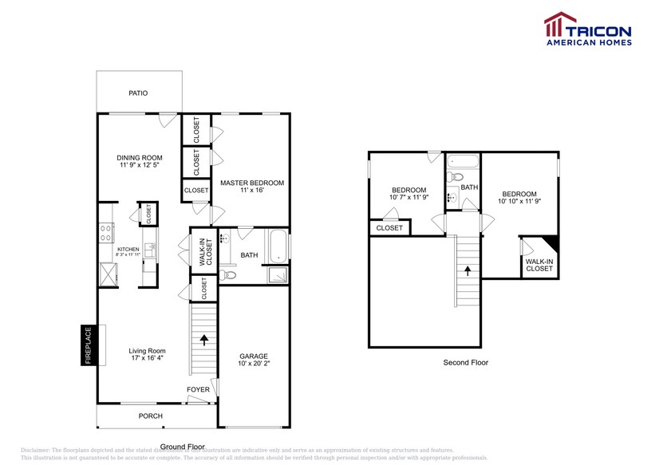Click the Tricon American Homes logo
(587, 29)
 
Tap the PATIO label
(138, 93)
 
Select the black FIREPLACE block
(89, 345)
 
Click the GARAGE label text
(254, 357)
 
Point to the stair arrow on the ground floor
(204, 341)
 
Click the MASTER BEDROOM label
(252, 183)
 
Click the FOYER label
(198, 390)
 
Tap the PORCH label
(150, 416)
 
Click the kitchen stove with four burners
(105, 233)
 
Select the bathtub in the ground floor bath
(277, 246)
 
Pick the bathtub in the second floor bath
(461, 161)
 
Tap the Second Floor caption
(465, 362)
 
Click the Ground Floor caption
(182, 447)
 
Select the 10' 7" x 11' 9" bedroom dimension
(408, 196)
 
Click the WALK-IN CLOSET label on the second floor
(539, 265)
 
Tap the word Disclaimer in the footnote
(36, 450)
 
